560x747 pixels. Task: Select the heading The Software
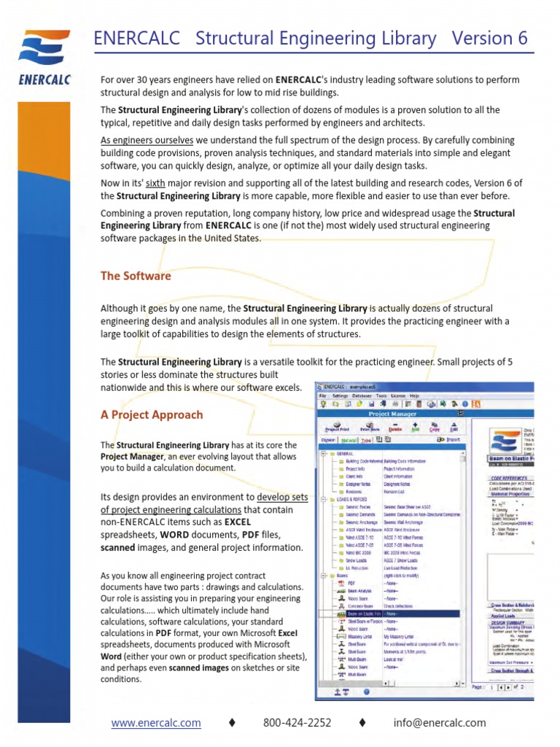click(136, 276)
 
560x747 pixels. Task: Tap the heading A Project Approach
click(152, 414)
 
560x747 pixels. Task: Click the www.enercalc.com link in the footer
click(156, 723)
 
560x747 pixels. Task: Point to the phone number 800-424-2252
click(297, 723)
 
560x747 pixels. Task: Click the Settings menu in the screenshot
click(341, 395)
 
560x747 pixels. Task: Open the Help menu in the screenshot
click(414, 395)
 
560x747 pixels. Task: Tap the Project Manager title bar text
click(393, 414)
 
